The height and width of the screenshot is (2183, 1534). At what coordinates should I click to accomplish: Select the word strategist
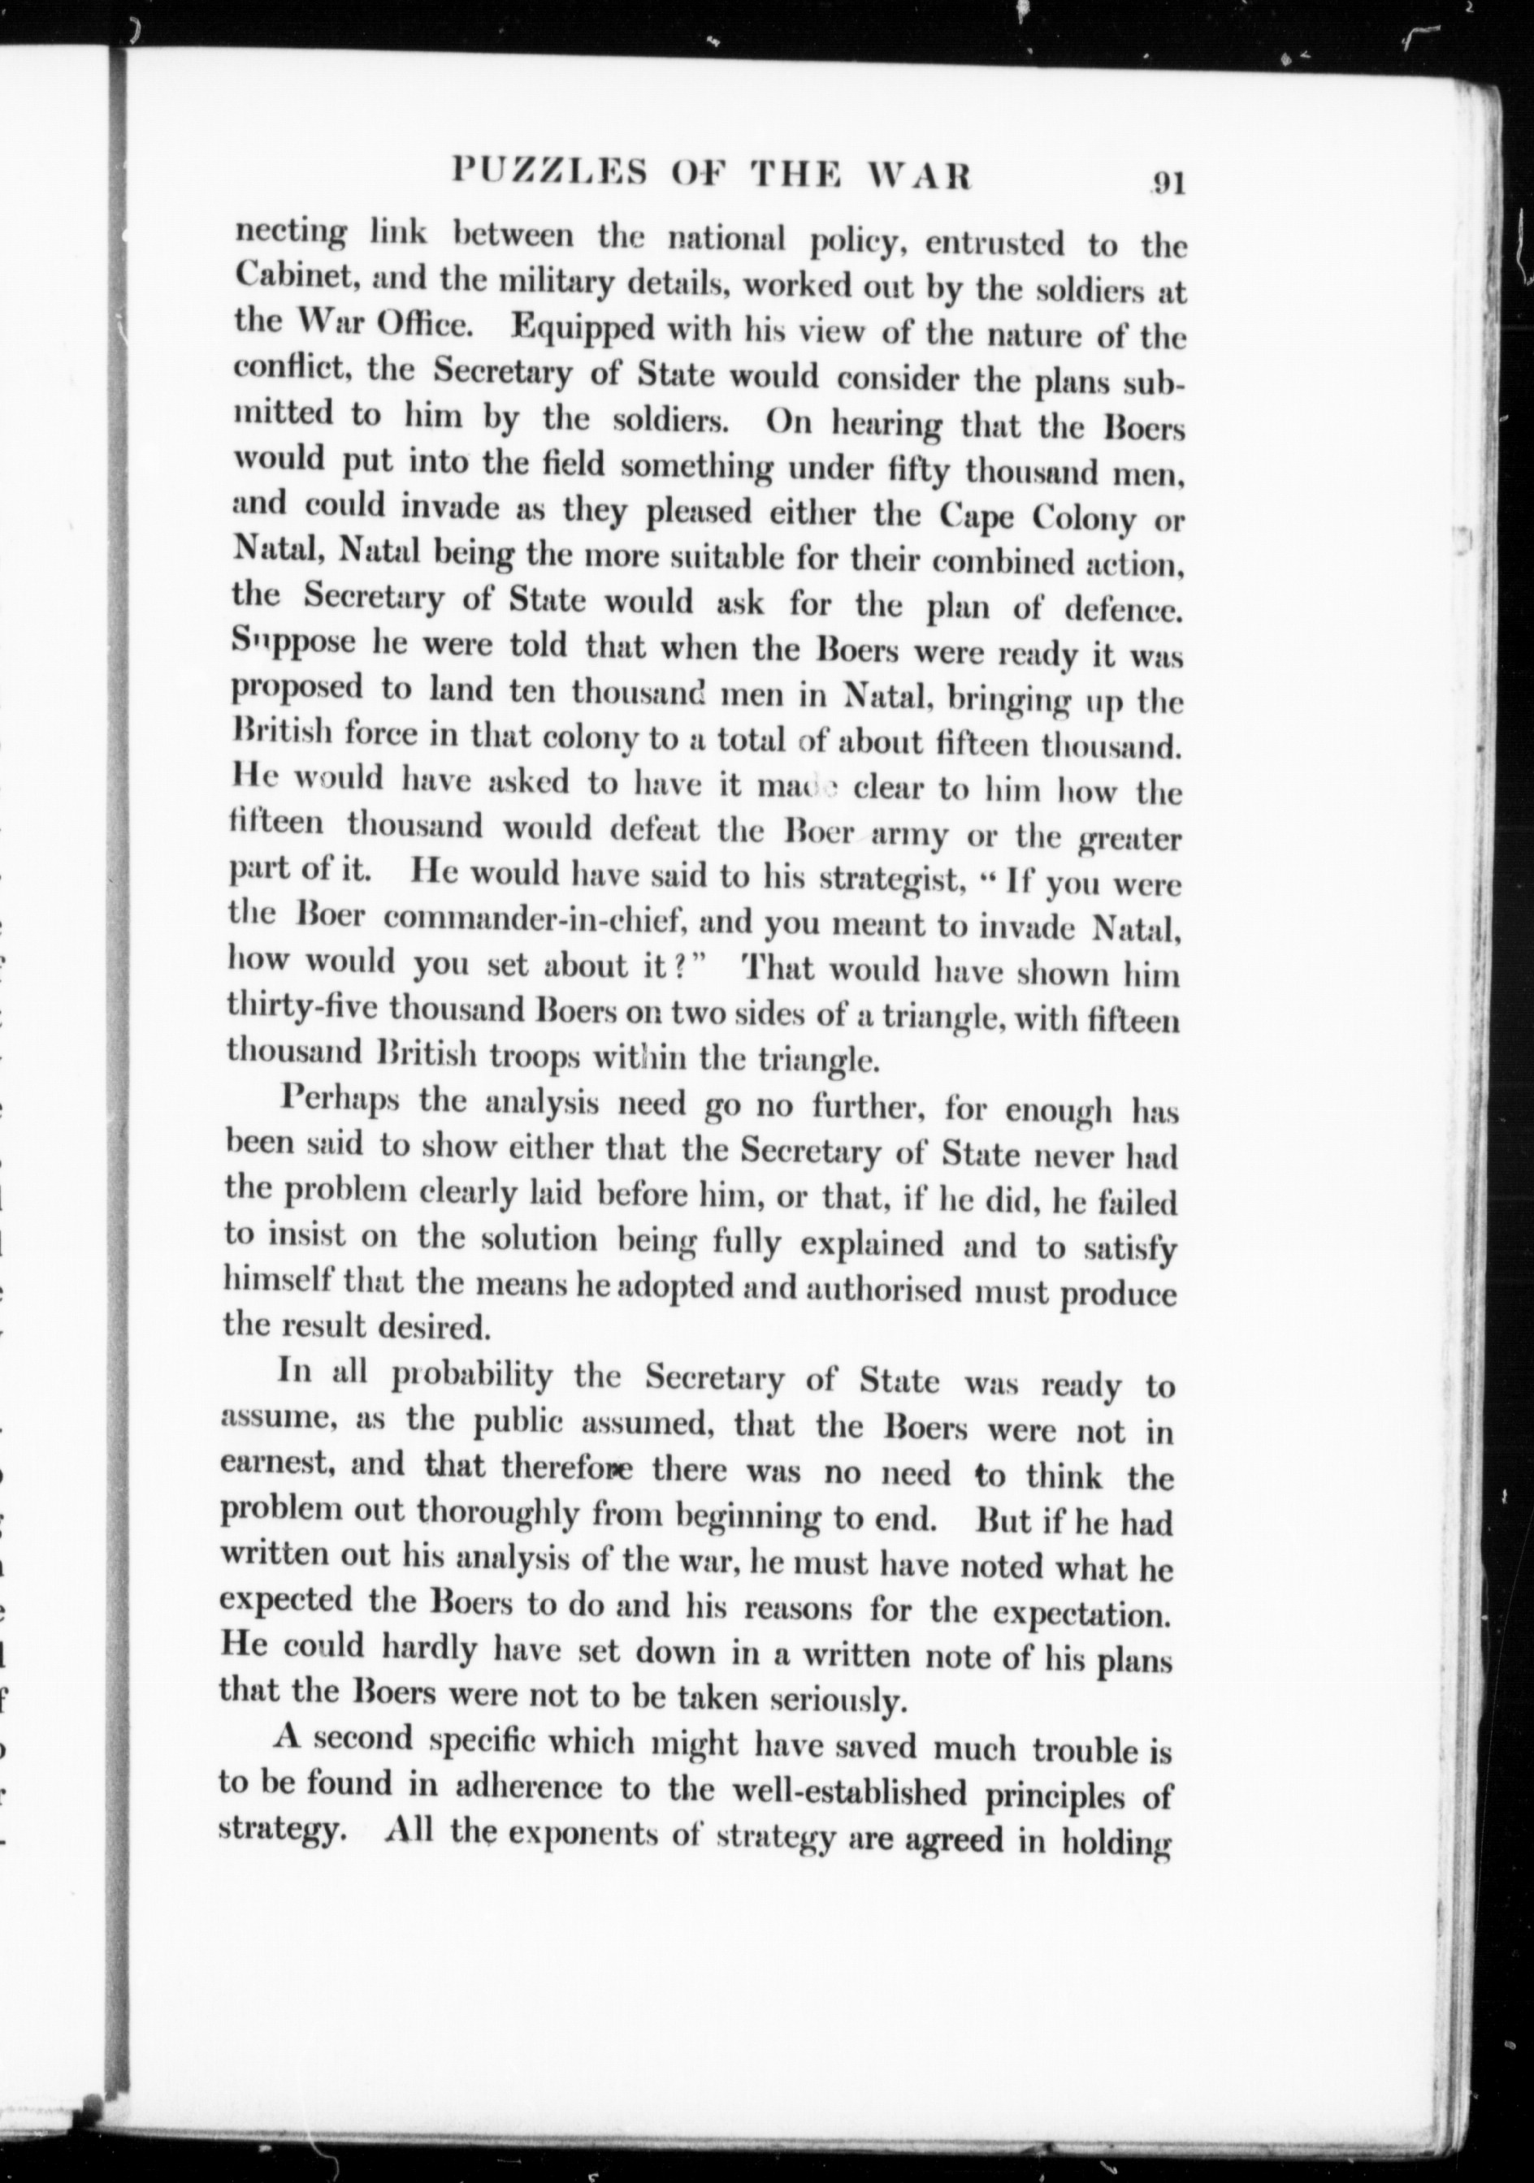coord(887,880)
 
